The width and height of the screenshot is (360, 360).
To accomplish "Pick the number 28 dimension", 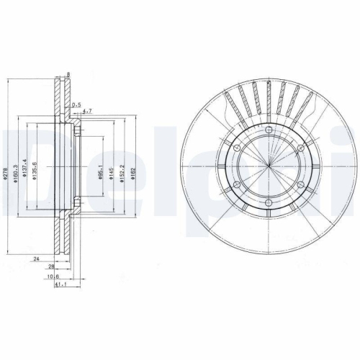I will tap(51, 266).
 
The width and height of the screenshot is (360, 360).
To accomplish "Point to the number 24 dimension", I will tap(35, 257).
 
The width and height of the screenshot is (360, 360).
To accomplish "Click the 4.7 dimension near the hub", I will tap(86, 112).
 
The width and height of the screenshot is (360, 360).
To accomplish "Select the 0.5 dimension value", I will tap(76, 103).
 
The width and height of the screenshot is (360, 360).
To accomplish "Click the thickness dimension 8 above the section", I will tap(68, 74).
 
